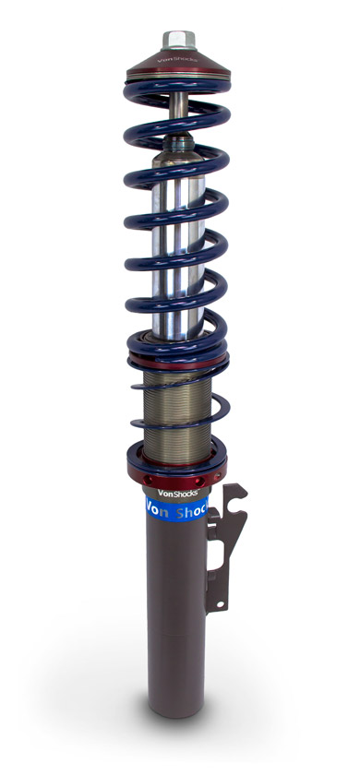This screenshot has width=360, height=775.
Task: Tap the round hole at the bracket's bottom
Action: click(221, 605)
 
